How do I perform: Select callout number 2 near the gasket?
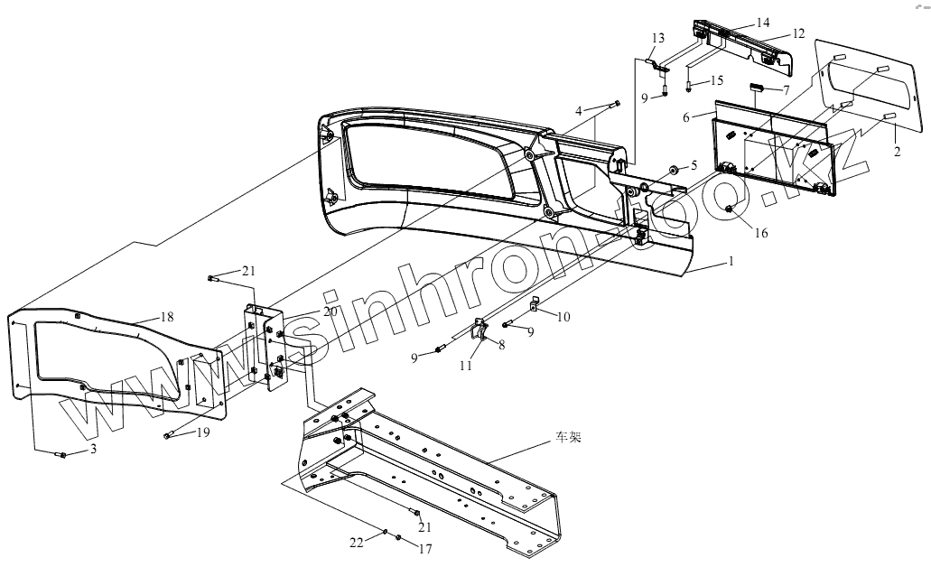pos(897,152)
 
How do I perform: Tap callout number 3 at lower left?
pos(91,449)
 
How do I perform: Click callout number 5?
pos(694,164)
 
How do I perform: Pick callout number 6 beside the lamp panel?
pos(687,116)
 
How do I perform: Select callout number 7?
pos(786,90)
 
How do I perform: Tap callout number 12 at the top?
pos(798,33)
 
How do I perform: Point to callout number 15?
pos(717,80)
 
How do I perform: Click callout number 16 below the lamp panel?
pos(761,233)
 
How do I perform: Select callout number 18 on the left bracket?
pos(167,316)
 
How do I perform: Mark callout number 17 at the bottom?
pos(426,548)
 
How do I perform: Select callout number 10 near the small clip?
pos(563,316)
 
